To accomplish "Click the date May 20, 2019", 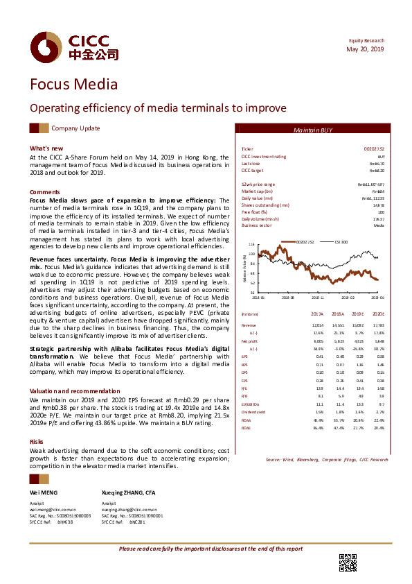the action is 365,49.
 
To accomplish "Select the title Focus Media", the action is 73,85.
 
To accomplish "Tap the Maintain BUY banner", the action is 313,130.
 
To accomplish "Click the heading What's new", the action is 46,148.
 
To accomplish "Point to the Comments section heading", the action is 44,191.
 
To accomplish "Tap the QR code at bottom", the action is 348,562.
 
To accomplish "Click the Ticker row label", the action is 247,149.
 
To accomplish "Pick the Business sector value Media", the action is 379,225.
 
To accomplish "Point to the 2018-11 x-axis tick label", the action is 318,296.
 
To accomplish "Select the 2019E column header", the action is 357,314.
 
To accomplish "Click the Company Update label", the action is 75,128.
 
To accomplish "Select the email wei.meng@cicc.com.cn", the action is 54,509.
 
